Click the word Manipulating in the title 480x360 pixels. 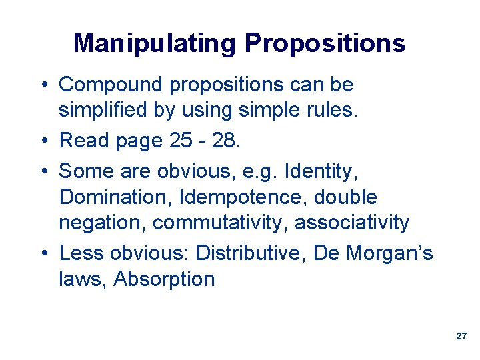[x=155, y=44]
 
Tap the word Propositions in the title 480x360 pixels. [x=325, y=44]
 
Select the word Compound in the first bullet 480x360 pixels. [x=111, y=85]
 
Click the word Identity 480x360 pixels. [x=321, y=171]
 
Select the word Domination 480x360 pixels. [x=109, y=197]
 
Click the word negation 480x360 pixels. [x=100, y=222]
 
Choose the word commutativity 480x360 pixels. [x=217, y=222]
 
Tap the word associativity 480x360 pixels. [x=352, y=222]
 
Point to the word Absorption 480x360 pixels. [x=164, y=279]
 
